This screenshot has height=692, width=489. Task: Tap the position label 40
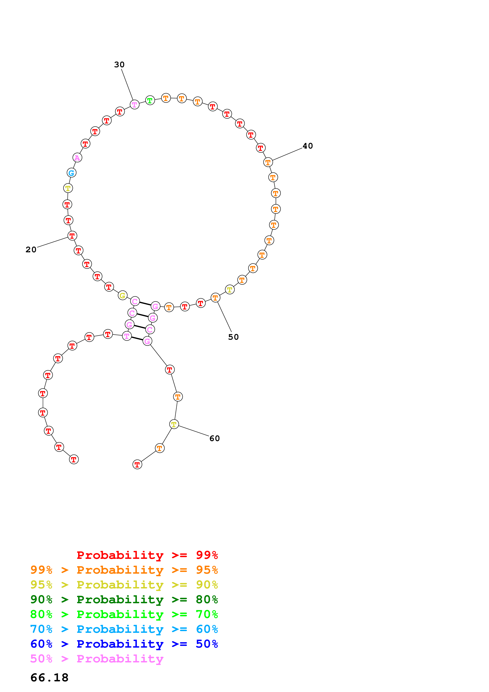(x=308, y=146)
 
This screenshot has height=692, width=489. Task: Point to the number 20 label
(x=31, y=250)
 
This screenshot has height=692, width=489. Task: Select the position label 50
(x=233, y=337)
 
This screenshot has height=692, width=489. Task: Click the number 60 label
(x=215, y=438)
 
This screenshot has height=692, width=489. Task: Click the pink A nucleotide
(x=78, y=158)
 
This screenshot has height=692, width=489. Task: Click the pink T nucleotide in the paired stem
(x=127, y=336)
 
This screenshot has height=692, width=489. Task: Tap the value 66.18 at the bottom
(x=49, y=678)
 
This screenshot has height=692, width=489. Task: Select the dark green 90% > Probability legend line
(x=124, y=599)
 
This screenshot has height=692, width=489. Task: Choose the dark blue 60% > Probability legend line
(x=124, y=644)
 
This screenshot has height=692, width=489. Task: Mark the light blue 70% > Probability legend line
(x=124, y=629)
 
